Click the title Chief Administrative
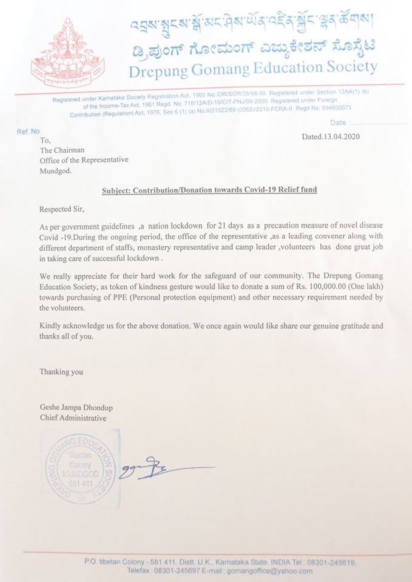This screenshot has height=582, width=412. [x=73, y=418]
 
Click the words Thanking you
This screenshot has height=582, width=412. [x=61, y=372]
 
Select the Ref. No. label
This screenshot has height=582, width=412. [x=29, y=131]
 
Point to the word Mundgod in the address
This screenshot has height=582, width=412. [x=55, y=171]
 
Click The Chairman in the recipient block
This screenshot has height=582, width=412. [x=62, y=150]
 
